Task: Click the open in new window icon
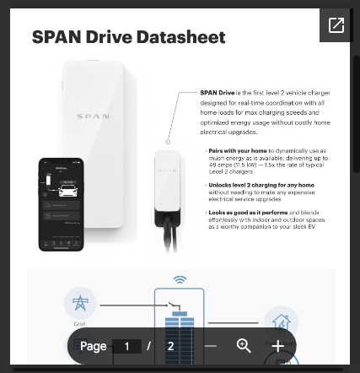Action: click(336, 25)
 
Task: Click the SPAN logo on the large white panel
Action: click(93, 117)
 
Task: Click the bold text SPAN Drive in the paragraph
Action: click(217, 92)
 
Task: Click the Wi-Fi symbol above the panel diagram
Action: click(180, 279)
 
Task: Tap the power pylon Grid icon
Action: click(80, 304)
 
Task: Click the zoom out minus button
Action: click(211, 346)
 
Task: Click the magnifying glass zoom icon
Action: click(244, 346)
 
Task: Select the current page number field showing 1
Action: click(126, 346)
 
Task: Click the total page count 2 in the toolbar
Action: click(170, 346)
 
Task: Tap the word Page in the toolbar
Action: click(93, 346)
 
